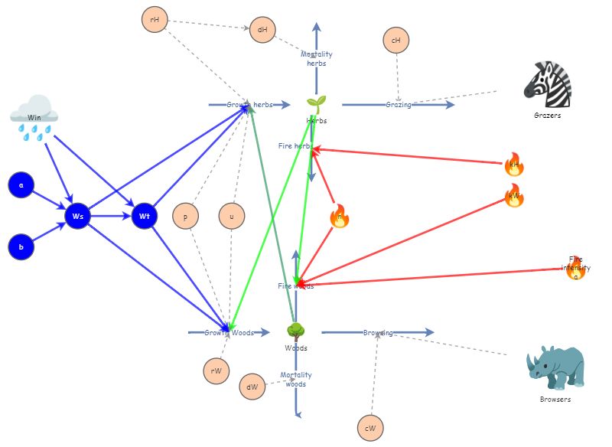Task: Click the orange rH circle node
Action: tap(155, 19)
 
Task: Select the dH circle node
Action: tap(262, 31)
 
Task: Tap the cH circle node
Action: tap(396, 41)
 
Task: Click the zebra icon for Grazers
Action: tap(547, 84)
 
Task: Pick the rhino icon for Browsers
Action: tap(555, 368)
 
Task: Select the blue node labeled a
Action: tap(21, 185)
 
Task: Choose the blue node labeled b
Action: tap(21, 247)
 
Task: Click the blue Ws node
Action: tap(78, 216)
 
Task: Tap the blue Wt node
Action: tap(145, 216)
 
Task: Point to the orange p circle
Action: tap(185, 216)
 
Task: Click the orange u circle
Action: tap(232, 216)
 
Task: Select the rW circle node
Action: tap(216, 371)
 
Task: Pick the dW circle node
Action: tap(252, 387)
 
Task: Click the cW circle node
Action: tap(370, 427)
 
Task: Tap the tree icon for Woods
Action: tap(296, 332)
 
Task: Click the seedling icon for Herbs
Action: tap(316, 104)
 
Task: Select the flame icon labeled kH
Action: tap(514, 164)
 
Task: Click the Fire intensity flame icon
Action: tap(575, 268)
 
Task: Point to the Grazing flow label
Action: tap(399, 105)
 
